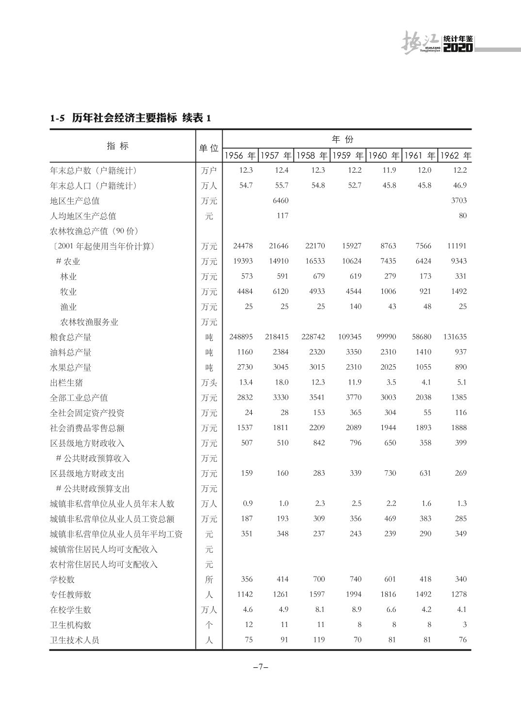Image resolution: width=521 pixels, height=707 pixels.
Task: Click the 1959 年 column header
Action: pos(348,156)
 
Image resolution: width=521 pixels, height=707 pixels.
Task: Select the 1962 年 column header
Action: pos(455,156)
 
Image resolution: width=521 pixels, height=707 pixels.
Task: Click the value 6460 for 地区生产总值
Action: pos(280,200)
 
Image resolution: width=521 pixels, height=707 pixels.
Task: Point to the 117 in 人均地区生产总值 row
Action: pos(282,215)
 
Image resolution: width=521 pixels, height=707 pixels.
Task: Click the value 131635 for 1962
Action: pos(455,337)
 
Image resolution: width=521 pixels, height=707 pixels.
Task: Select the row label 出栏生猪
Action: pos(66,383)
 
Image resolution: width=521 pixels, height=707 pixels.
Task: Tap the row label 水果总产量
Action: pos(70,368)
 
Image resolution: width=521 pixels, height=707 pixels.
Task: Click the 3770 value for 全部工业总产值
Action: pos(353,397)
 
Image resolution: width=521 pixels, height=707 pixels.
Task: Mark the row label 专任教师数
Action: pos(70,595)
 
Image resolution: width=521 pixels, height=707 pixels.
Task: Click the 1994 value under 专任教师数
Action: pos(353,594)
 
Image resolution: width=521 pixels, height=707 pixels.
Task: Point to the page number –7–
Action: pos(260,667)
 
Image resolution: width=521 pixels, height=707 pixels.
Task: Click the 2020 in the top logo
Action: pos(458,48)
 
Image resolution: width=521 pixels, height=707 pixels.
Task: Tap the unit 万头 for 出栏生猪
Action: pos(209,383)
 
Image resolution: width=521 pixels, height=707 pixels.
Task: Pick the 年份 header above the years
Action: pos(342,140)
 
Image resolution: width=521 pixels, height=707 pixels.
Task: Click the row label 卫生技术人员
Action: pos(74,640)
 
